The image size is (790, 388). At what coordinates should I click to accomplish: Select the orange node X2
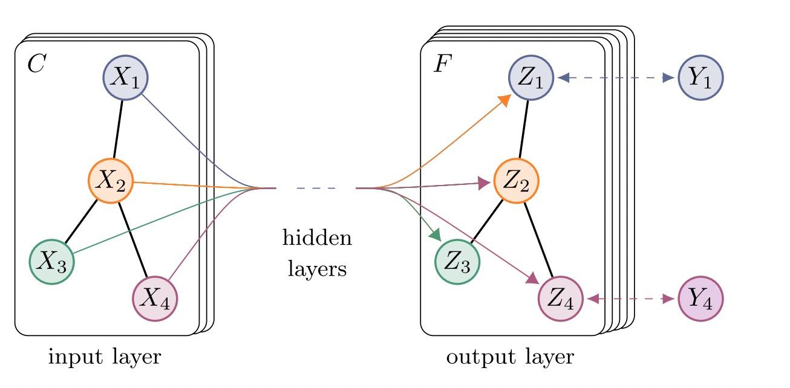pyautogui.click(x=111, y=181)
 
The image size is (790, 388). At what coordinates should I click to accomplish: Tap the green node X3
pyautogui.click(x=52, y=262)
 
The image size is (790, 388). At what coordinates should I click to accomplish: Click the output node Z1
pyautogui.click(x=530, y=79)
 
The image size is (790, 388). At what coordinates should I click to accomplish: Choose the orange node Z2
pyautogui.click(x=516, y=181)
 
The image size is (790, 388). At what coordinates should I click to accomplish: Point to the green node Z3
pyautogui.click(x=457, y=262)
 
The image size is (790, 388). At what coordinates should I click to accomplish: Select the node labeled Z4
pyautogui.click(x=560, y=299)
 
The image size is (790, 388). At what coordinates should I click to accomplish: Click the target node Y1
pyautogui.click(x=701, y=78)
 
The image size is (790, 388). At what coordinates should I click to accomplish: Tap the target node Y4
pyautogui.click(x=701, y=299)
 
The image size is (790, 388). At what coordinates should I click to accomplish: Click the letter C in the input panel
pyautogui.click(x=36, y=64)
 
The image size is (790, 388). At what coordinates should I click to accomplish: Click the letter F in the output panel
pyautogui.click(x=442, y=64)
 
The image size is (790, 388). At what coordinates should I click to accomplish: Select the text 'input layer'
pyautogui.click(x=105, y=357)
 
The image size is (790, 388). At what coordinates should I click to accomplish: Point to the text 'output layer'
pyautogui.click(x=509, y=357)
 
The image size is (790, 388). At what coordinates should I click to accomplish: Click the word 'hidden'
pyautogui.click(x=316, y=238)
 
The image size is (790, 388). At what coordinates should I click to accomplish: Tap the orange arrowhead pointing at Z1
pyautogui.click(x=503, y=100)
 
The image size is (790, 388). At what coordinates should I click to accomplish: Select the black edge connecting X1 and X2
pyautogui.click(x=119, y=129)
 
